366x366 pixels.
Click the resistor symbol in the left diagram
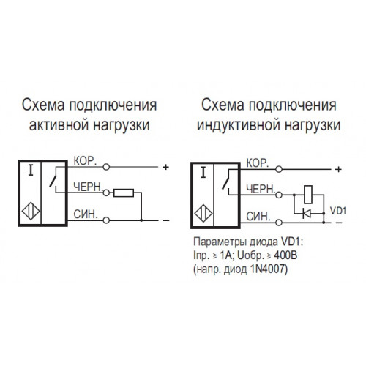coord(124,193)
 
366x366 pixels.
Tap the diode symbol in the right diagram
coord(307,214)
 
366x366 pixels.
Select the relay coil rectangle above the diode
coord(308,195)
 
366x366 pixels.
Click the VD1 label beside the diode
coord(338,211)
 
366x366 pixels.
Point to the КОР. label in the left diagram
coord(85,161)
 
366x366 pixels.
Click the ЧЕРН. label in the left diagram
coord(88,187)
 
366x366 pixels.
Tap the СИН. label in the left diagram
coord(86,214)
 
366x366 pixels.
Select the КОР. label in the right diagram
coord(258,163)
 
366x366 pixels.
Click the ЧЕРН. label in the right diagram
coord(261,189)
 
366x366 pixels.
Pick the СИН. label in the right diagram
coord(258,217)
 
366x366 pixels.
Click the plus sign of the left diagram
coord(165,167)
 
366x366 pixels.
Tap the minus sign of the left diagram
coord(166,220)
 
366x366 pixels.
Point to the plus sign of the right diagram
coord(338,169)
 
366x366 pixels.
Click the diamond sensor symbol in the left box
coord(31,212)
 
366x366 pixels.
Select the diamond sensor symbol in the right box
coord(203,214)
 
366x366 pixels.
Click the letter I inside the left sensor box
coord(31,170)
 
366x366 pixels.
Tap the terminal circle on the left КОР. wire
coord(106,167)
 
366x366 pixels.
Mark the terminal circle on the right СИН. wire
coord(279,223)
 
